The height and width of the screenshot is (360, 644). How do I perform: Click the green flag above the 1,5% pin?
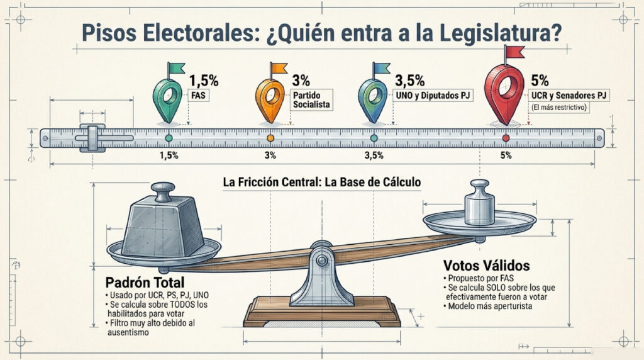point(177,68)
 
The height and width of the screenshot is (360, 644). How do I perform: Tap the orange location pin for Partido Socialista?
point(270,101)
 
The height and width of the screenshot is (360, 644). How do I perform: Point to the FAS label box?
point(198,96)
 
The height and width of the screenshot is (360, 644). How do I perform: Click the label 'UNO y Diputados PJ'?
point(433,95)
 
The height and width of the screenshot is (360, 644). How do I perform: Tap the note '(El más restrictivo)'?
point(558,108)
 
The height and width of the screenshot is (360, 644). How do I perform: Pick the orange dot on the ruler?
point(270,138)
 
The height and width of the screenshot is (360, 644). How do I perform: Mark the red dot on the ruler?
point(506,138)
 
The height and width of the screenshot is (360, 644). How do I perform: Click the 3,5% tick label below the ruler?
point(374,155)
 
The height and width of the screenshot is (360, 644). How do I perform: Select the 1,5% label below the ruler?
point(169,155)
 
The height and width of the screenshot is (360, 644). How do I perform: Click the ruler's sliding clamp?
point(93,138)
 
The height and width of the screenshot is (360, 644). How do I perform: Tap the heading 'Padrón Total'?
point(145,283)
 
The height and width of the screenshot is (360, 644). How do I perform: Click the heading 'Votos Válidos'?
point(486,266)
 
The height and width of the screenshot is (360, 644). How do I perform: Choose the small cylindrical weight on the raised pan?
point(479,202)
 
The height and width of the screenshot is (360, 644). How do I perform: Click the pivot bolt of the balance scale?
point(321,260)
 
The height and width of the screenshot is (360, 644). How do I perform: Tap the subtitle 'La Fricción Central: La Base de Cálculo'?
point(322,182)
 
